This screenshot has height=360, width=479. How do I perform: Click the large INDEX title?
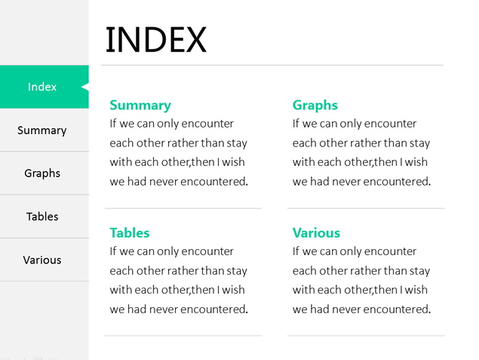point(156,40)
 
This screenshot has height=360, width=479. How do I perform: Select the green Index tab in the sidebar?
point(45,87)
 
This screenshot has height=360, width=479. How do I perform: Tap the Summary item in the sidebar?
point(41,131)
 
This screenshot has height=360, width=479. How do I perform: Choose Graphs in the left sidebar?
point(42,174)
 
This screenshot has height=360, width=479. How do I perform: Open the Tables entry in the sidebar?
point(42,217)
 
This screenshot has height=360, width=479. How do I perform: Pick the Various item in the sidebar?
point(42,260)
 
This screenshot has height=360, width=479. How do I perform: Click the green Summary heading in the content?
point(140,106)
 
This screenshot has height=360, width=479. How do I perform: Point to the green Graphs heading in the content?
point(315,106)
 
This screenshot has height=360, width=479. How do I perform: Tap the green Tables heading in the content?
point(130,233)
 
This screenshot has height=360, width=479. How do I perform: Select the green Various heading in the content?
point(316,233)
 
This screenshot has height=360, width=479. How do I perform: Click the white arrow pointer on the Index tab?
point(85,87)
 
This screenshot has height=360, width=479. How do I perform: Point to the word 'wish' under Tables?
point(233,290)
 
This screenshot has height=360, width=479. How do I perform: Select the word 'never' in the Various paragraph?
point(347,309)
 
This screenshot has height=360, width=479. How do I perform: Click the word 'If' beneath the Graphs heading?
point(296,124)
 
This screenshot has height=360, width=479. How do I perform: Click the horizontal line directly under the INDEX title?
point(272,65)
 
